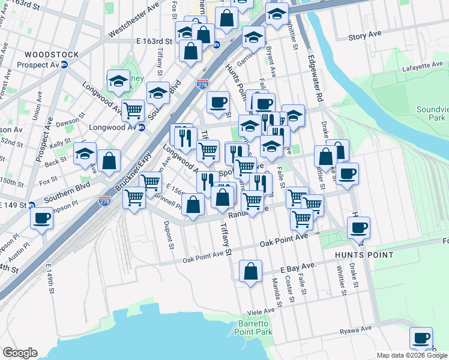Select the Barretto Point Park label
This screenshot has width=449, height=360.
click(256, 328)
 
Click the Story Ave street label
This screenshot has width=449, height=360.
click(366, 37)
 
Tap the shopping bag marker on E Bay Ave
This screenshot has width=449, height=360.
click(251, 272)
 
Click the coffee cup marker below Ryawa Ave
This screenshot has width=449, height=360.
click(421, 338)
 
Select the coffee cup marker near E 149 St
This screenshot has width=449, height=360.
click(42, 218)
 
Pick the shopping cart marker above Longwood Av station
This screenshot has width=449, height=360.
click(133, 110)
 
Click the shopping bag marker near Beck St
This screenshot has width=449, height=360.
click(109, 161)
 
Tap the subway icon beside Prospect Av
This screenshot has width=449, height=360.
click(64, 65)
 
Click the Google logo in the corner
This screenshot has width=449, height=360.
click(20, 353)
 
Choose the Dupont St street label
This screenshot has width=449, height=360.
click(169, 235)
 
